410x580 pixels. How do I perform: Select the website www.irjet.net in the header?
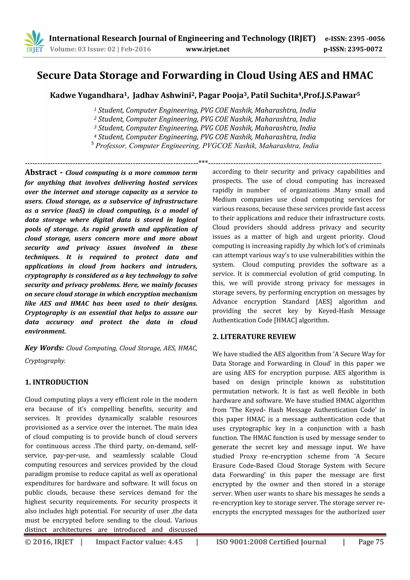(x=208, y=49)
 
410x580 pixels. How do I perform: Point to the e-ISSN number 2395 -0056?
(x=366, y=39)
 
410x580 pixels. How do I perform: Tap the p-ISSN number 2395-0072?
(x=365, y=49)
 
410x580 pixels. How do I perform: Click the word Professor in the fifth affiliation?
(x=110, y=146)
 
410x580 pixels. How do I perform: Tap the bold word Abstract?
(x=41, y=173)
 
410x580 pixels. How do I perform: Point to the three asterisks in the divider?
(x=203, y=162)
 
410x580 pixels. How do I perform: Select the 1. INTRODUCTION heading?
(x=57, y=382)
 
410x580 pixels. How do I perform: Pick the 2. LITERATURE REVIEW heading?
(x=254, y=337)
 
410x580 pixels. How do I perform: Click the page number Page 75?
(x=371, y=542)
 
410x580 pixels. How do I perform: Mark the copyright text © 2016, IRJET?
(x=49, y=542)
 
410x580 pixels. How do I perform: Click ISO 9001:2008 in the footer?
(x=241, y=542)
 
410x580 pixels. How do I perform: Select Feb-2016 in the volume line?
(x=136, y=49)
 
